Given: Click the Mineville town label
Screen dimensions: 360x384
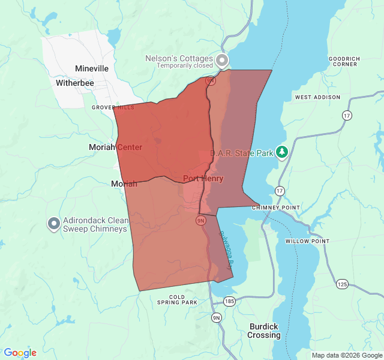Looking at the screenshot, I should pos(92,68).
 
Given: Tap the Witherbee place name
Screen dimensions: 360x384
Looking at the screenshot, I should pos(74,83).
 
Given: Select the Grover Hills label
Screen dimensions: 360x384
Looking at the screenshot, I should pos(113,107).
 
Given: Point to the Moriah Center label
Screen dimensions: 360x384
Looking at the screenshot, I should pos(115,147).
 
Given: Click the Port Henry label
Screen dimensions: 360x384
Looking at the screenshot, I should pos(203,178).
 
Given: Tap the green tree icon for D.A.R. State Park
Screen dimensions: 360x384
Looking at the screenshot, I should pos(282,152).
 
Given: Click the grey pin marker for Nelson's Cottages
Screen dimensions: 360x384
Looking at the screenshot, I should pos(223,60).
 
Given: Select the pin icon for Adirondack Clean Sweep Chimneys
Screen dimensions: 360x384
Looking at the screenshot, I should pos(53,224).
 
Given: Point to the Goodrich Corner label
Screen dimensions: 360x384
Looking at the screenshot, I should pos(344,61).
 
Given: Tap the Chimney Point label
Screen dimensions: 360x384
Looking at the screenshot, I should pos(275,208).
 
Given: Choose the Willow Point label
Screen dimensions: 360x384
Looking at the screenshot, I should pos(307,241).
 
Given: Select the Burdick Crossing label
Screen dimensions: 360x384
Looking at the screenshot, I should pos(264,331).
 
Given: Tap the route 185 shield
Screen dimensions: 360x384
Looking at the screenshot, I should pos(229,300).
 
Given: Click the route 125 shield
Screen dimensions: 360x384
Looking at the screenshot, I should pos(341,283).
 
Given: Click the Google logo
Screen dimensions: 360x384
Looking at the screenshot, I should pos(20,353).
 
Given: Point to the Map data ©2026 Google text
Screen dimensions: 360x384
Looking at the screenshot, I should pos(346,355).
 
